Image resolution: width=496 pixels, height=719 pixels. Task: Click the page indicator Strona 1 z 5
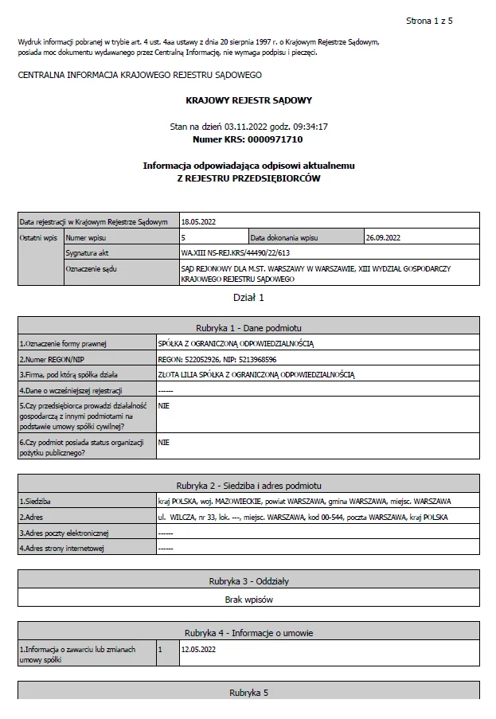pyautogui.click(x=429, y=20)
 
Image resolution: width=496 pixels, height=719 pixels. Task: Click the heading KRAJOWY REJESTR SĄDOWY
pyautogui.click(x=248, y=100)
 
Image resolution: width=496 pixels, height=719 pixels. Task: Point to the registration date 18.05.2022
pyautogui.click(x=199, y=221)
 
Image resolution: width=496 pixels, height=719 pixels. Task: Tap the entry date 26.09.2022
pyautogui.click(x=383, y=237)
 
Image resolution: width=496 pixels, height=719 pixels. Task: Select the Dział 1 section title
pyautogui.click(x=248, y=298)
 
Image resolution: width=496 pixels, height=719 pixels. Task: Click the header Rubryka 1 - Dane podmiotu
pyautogui.click(x=248, y=327)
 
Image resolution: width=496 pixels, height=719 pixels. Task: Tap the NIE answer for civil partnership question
pyautogui.click(x=164, y=405)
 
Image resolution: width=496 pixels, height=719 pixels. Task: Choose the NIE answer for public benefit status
pyautogui.click(x=164, y=442)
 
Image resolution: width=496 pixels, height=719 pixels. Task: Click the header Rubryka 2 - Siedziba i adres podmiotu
pyautogui.click(x=248, y=485)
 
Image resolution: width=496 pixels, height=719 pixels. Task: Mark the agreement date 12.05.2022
pyautogui.click(x=198, y=649)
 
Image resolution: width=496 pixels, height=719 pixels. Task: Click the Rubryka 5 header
pyautogui.click(x=248, y=693)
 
